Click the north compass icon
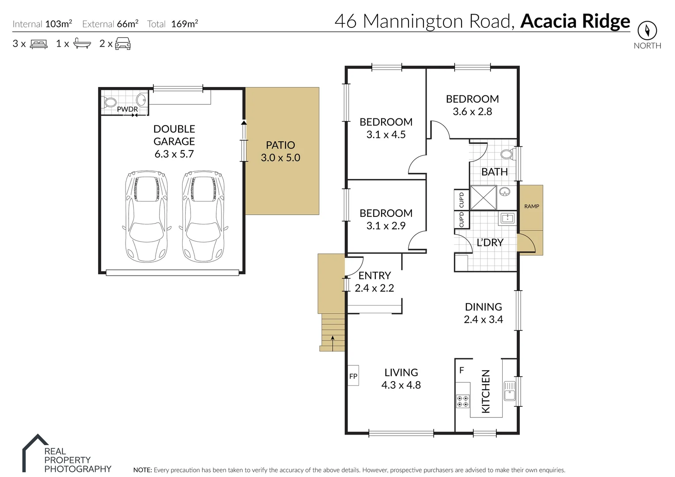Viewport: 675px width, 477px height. pos(647,30)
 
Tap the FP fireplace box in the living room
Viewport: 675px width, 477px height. pos(353,376)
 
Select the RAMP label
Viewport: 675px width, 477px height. pos(531,206)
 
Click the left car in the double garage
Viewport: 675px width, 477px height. pos(146,216)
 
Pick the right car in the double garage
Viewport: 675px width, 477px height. pos(203,216)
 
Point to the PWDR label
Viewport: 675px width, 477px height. pos(127,109)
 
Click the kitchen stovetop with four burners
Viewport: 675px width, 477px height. pos(463,401)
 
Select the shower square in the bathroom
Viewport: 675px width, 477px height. pos(483,197)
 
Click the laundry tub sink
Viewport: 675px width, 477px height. pos(507,218)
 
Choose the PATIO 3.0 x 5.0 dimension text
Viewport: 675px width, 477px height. pos(280,158)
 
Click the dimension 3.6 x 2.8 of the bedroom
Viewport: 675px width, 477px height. pos(472,112)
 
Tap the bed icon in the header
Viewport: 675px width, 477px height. pos(39,44)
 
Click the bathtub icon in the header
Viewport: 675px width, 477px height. pos(82,43)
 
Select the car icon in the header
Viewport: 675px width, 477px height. pos(123,43)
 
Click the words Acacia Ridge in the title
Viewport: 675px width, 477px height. pos(575,21)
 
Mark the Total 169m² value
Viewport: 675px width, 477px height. pos(184,24)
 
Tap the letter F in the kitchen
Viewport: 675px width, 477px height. pos(461,370)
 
